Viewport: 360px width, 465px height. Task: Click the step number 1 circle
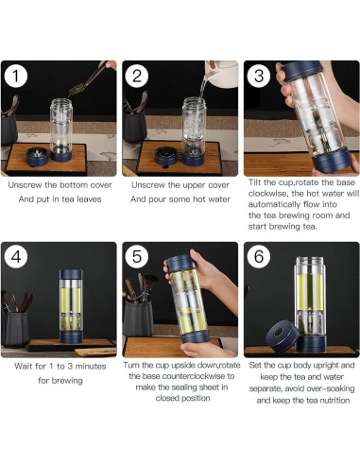point(16,77)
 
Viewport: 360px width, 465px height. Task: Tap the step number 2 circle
point(137,77)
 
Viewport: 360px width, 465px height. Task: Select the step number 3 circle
point(258,77)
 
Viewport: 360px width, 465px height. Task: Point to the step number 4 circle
point(16,257)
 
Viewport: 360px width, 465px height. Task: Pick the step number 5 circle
point(137,257)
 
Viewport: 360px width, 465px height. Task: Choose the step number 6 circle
point(258,257)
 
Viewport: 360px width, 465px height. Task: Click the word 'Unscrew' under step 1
point(25,185)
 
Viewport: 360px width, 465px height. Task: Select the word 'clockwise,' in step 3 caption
point(268,193)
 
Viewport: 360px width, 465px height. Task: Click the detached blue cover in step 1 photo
point(37,157)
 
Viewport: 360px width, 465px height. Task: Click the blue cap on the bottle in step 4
point(71,274)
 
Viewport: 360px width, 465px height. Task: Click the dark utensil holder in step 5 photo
point(139,319)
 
